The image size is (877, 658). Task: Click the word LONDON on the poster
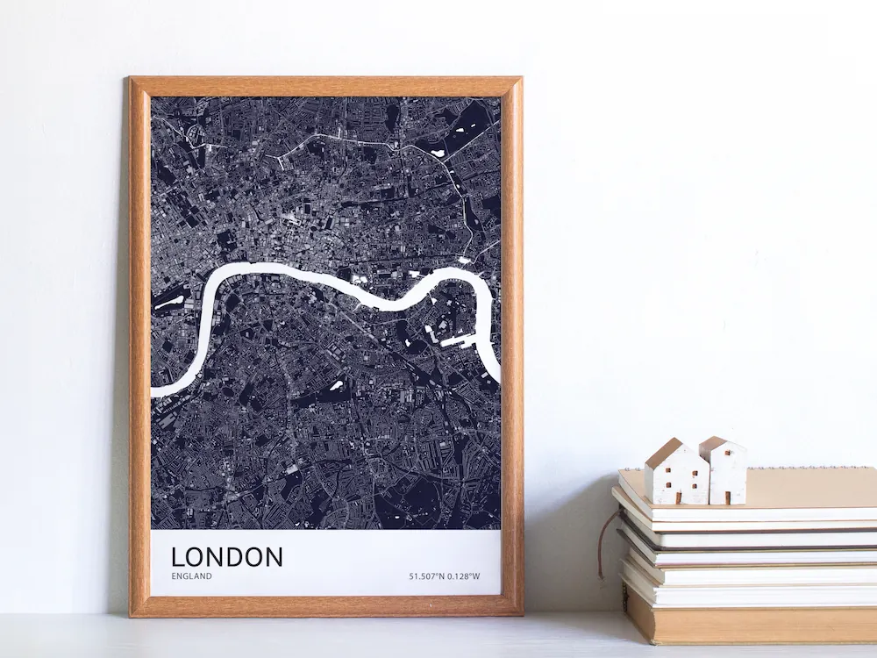coord(227,556)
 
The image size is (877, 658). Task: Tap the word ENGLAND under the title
coord(191,576)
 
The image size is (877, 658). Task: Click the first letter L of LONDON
coord(178,556)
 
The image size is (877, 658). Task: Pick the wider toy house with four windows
coord(677,473)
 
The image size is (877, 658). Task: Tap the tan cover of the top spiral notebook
coord(807,487)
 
